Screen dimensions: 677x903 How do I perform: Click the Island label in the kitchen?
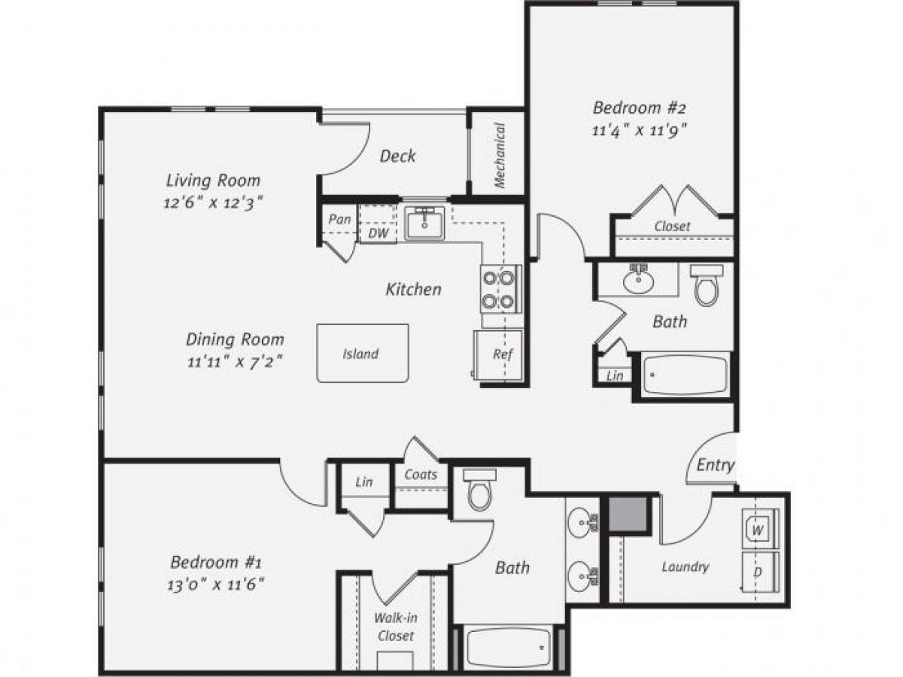point(360,354)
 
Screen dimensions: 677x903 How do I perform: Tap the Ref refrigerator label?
point(503,354)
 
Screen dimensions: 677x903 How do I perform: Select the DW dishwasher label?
point(379,234)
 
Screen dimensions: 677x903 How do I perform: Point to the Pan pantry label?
point(339,220)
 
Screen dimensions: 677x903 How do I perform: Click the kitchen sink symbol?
point(426,223)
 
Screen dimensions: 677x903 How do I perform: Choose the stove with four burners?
point(499,290)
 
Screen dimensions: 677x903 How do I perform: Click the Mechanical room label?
point(499,156)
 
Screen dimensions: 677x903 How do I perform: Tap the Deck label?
point(397,156)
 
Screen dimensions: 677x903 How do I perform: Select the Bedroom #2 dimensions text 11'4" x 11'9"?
point(640,129)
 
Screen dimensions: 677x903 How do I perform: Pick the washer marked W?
point(759,530)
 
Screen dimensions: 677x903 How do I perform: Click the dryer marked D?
point(759,572)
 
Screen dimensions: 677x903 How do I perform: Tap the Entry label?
point(715,465)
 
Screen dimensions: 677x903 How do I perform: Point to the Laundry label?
point(686,566)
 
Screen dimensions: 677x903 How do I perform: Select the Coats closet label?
point(421,475)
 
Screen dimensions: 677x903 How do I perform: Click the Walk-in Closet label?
point(395,627)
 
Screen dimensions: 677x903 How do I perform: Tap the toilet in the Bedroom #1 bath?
point(479,490)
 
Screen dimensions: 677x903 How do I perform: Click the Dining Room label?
point(235,339)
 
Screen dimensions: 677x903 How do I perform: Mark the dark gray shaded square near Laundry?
point(628,515)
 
